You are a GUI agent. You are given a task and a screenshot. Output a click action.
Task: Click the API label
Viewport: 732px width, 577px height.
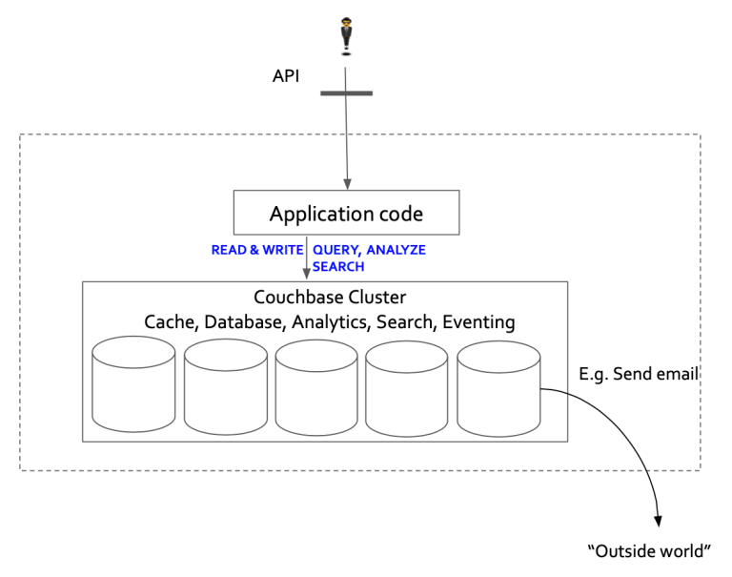pos(287,74)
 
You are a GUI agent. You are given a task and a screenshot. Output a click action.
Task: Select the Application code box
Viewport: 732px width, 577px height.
pos(346,213)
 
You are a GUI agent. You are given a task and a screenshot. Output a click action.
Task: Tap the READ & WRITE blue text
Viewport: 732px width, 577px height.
pos(257,251)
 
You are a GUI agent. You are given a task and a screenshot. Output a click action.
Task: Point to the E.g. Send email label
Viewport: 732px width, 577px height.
pos(639,374)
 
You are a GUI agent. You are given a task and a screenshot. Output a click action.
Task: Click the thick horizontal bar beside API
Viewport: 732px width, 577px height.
pos(345,93)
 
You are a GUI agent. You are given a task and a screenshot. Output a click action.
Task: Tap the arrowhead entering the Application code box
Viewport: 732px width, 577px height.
pos(347,183)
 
